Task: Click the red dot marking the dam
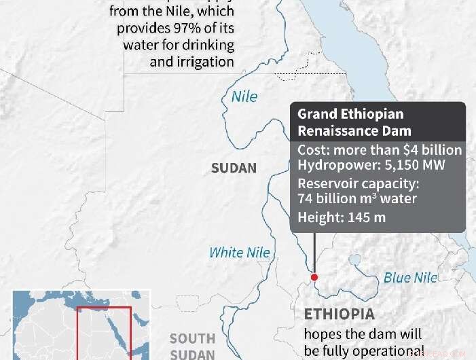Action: (314, 277)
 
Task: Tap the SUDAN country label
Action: (234, 168)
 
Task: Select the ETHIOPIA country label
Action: (339, 315)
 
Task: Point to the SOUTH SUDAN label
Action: (192, 346)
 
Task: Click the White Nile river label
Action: (239, 253)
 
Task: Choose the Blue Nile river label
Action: (411, 277)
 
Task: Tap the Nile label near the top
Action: (244, 96)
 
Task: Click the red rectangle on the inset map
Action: (103, 333)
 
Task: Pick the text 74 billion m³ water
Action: (357, 198)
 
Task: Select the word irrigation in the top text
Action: (204, 62)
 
